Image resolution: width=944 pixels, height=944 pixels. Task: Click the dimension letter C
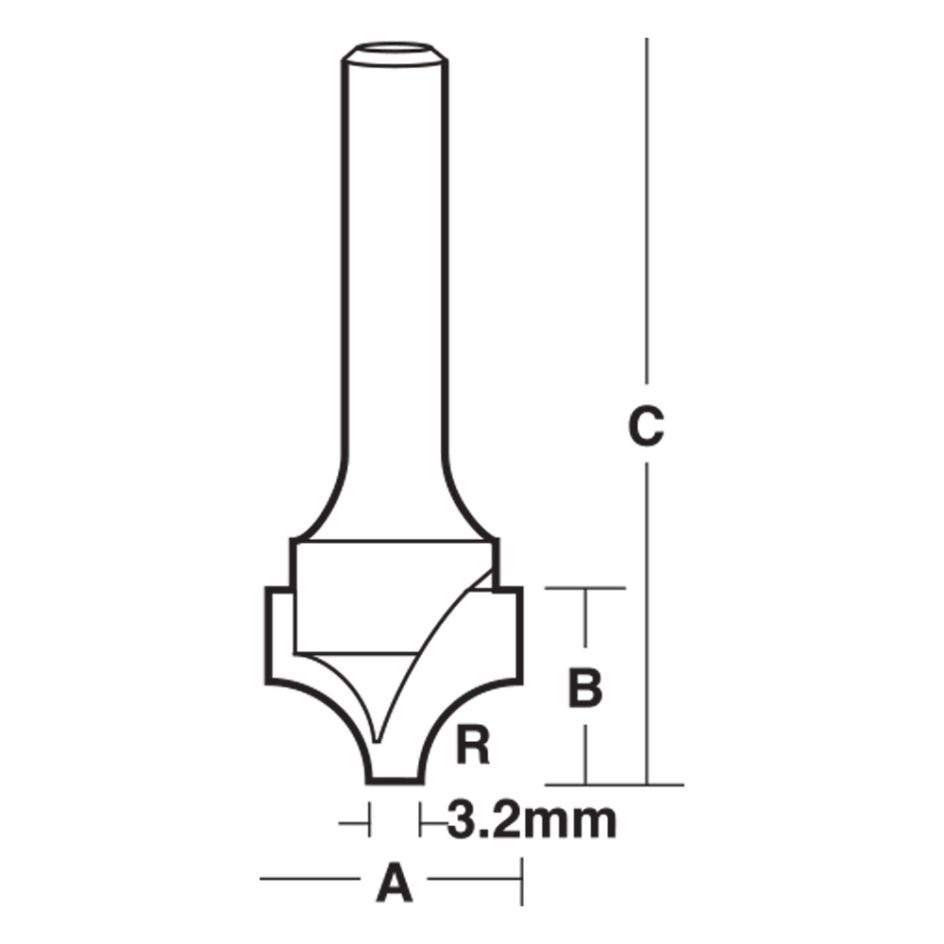click(x=647, y=427)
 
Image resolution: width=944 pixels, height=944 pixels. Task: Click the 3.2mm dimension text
click(x=531, y=821)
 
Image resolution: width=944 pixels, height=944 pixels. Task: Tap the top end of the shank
click(x=394, y=54)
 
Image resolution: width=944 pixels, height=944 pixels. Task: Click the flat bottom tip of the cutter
click(x=395, y=779)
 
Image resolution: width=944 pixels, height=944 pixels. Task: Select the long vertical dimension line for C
click(x=648, y=236)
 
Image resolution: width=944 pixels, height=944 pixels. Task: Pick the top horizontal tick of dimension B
click(x=585, y=588)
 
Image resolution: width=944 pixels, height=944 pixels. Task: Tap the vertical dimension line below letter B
click(x=585, y=750)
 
